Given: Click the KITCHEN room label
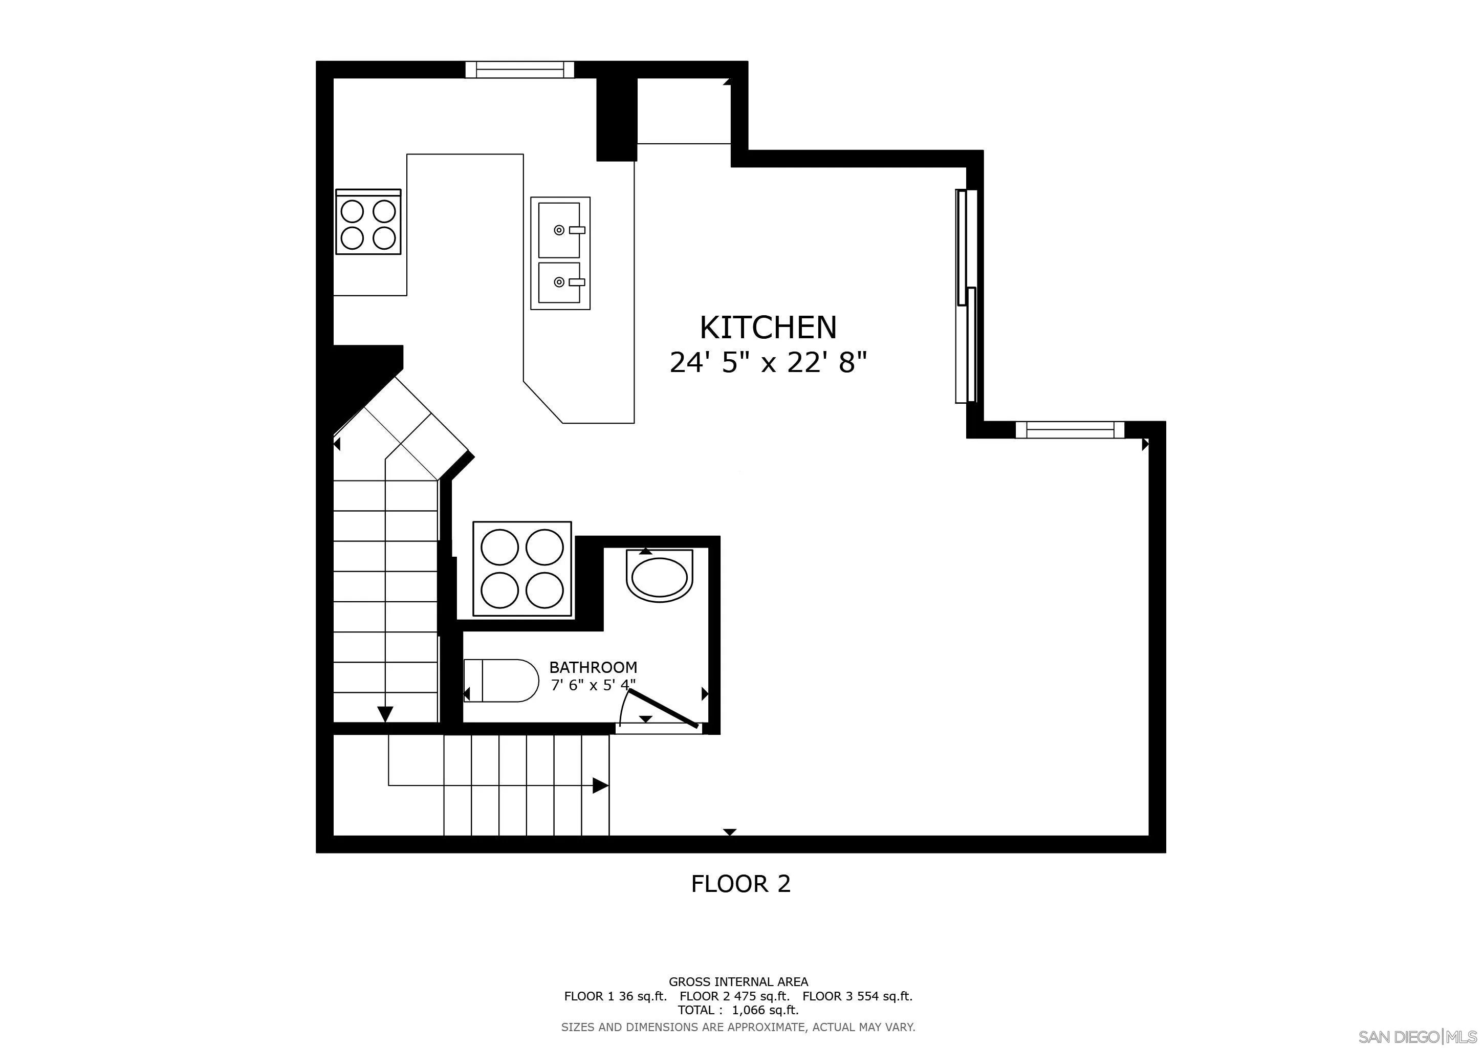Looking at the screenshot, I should pyautogui.click(x=768, y=328).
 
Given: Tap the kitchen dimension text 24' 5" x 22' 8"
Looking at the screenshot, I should pyautogui.click(x=768, y=363).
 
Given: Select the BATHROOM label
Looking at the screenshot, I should pyautogui.click(x=593, y=667).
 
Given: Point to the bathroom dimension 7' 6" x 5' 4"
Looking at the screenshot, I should pyautogui.click(x=593, y=685).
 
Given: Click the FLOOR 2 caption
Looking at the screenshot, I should pyautogui.click(x=740, y=883).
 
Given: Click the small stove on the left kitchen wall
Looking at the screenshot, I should pyautogui.click(x=368, y=223).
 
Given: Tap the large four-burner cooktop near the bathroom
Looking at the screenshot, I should pyautogui.click(x=522, y=569).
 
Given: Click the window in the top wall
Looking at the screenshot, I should pyautogui.click(x=519, y=70).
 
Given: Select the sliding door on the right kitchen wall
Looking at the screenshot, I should pyautogui.click(x=966, y=296).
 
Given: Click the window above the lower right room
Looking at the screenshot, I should pyautogui.click(x=1070, y=430).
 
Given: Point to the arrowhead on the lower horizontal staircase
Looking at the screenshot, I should pyautogui.click(x=600, y=785).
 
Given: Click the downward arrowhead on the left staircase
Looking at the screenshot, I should pyautogui.click(x=385, y=714).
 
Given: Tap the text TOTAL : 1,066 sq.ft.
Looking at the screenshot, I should pyautogui.click(x=738, y=1010).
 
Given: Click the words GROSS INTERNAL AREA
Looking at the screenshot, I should pyautogui.click(x=738, y=981).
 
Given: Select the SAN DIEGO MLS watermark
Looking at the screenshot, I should pyautogui.click(x=1418, y=1036).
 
